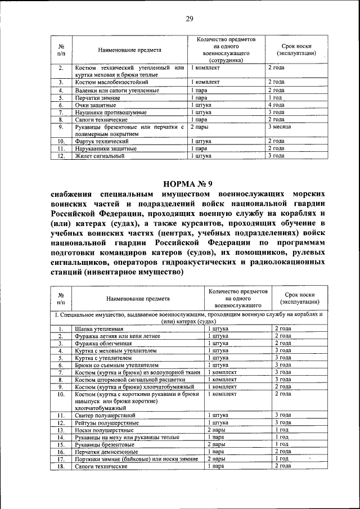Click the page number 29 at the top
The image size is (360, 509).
pos(190,19)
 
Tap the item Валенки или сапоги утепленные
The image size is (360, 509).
pos(113,90)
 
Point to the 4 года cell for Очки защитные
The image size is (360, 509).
pos(276,105)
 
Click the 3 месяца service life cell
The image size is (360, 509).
pos(279,127)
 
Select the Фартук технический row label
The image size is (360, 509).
pos(101,141)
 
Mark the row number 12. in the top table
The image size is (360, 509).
pos(60,156)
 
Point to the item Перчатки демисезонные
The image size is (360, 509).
pos(107,451)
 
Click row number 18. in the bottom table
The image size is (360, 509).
pos(60,466)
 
